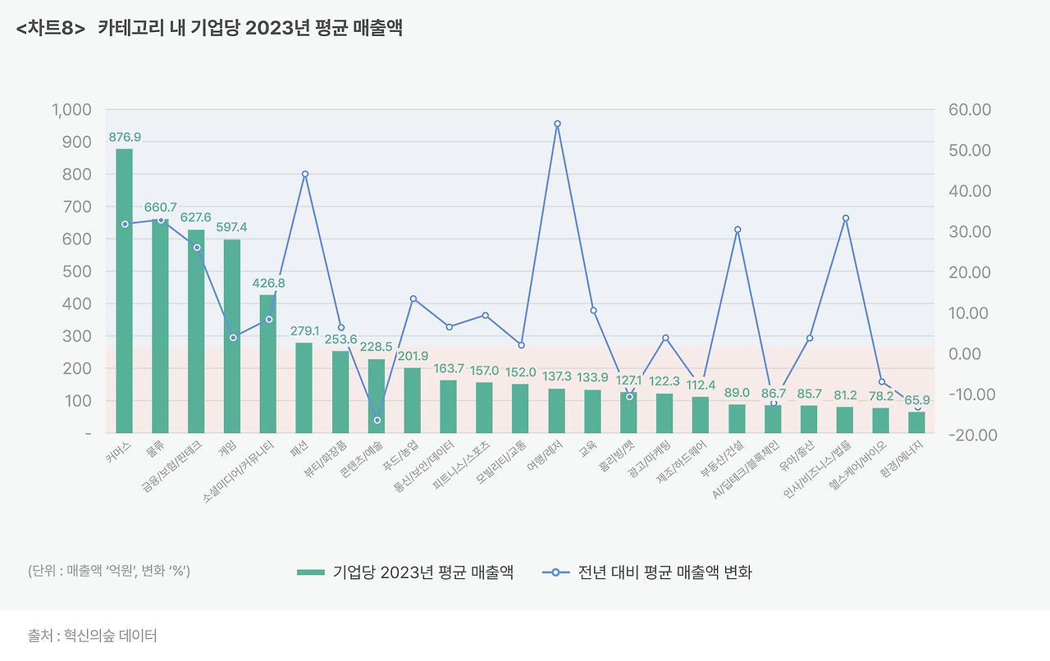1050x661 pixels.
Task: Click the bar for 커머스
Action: click(124, 290)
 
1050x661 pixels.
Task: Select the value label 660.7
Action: click(161, 207)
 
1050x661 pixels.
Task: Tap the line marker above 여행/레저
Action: click(557, 124)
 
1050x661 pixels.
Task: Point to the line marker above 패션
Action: click(304, 174)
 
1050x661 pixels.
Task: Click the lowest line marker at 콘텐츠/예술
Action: click(377, 420)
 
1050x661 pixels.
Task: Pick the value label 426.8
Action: click(268, 283)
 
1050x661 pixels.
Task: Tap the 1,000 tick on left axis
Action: click(71, 110)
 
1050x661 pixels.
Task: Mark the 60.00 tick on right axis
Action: click(970, 110)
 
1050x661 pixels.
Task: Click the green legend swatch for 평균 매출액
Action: click(311, 572)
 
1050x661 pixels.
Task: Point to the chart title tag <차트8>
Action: click(50, 28)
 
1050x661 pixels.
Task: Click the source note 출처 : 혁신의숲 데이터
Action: click(92, 636)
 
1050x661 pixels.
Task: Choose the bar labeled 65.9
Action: click(916, 422)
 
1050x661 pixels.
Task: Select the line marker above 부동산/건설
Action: click(737, 230)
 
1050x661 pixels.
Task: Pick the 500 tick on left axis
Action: click(79, 271)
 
